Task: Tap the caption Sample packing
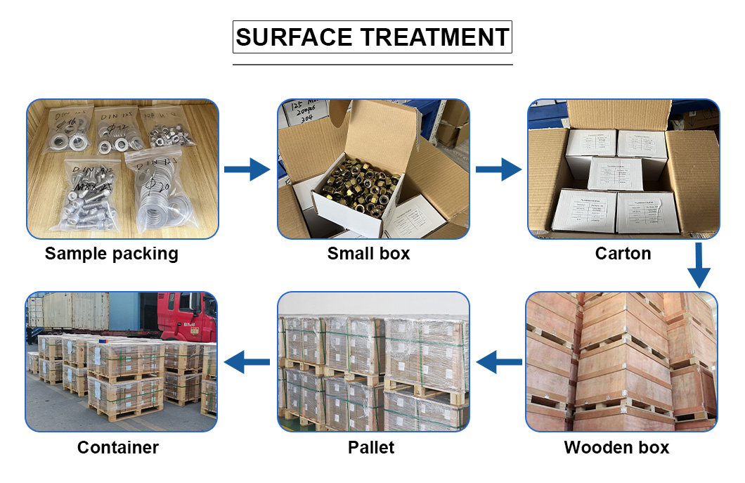tap(112, 254)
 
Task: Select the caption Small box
tap(368, 254)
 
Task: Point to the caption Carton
tap(623, 254)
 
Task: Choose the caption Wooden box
tap(616, 447)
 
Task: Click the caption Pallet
tap(371, 447)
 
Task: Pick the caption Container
tap(118, 447)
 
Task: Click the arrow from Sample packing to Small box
tap(247, 169)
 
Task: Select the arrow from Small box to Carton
tap(498, 169)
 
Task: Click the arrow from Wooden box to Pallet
tap(498, 363)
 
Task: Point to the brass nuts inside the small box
tap(355, 183)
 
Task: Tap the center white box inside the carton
tap(614, 174)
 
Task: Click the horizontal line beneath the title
tap(372, 65)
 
